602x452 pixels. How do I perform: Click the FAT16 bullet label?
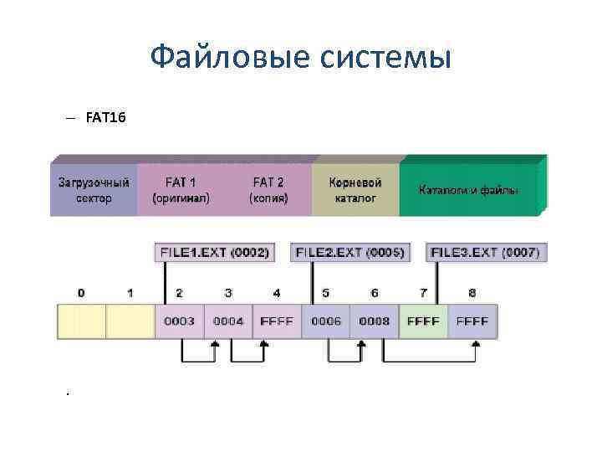coord(105,119)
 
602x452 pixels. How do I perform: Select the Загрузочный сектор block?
coord(93,190)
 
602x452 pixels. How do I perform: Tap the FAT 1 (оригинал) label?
coord(181,190)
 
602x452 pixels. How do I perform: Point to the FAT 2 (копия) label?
coord(268,190)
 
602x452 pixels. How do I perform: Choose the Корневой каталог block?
coord(355,190)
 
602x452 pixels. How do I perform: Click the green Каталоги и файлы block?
coord(468,190)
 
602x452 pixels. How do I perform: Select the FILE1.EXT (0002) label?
coord(212,252)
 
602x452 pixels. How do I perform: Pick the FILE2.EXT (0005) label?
coord(349,252)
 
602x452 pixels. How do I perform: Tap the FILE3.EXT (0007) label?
coord(485,252)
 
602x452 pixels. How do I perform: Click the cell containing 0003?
coord(179,321)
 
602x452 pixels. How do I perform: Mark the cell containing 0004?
coord(227,321)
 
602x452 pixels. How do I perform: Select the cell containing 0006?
coord(325,321)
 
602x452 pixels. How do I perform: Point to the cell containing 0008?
coord(374,321)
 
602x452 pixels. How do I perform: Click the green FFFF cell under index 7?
coord(423,321)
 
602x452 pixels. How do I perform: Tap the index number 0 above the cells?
coord(81,293)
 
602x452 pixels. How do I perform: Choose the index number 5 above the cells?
coord(325,293)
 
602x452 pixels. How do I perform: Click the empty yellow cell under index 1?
coord(130,321)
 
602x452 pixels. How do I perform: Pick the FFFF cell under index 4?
coord(277,321)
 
